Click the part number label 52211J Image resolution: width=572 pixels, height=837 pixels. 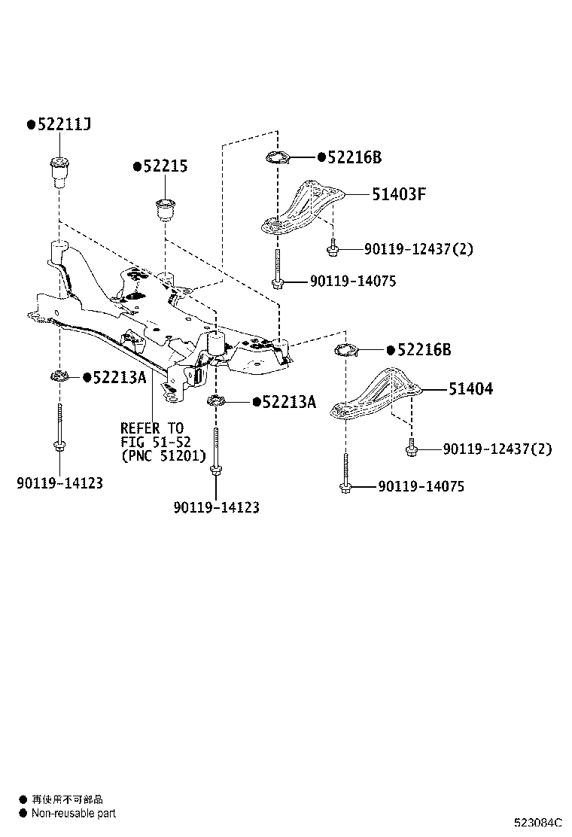pos(64,125)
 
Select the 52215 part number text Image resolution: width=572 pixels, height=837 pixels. pos(165,167)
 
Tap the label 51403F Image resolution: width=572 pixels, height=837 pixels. pos(399,194)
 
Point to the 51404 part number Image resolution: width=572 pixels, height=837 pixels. pos(470,389)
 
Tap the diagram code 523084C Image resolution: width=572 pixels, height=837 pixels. pos(538,823)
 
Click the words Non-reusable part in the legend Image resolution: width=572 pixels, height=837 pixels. pos(74,813)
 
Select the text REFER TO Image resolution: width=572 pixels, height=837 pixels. pos(151,429)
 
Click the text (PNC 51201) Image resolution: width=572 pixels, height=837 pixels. pos(163,456)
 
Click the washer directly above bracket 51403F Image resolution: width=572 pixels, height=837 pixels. pos(278,158)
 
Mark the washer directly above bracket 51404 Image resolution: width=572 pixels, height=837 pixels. pos(345,350)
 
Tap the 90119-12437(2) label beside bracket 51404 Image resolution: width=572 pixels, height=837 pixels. pos(497,449)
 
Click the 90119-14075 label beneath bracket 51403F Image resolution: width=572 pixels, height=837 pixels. pos(353,282)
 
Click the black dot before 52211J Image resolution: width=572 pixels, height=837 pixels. pos(31,125)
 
